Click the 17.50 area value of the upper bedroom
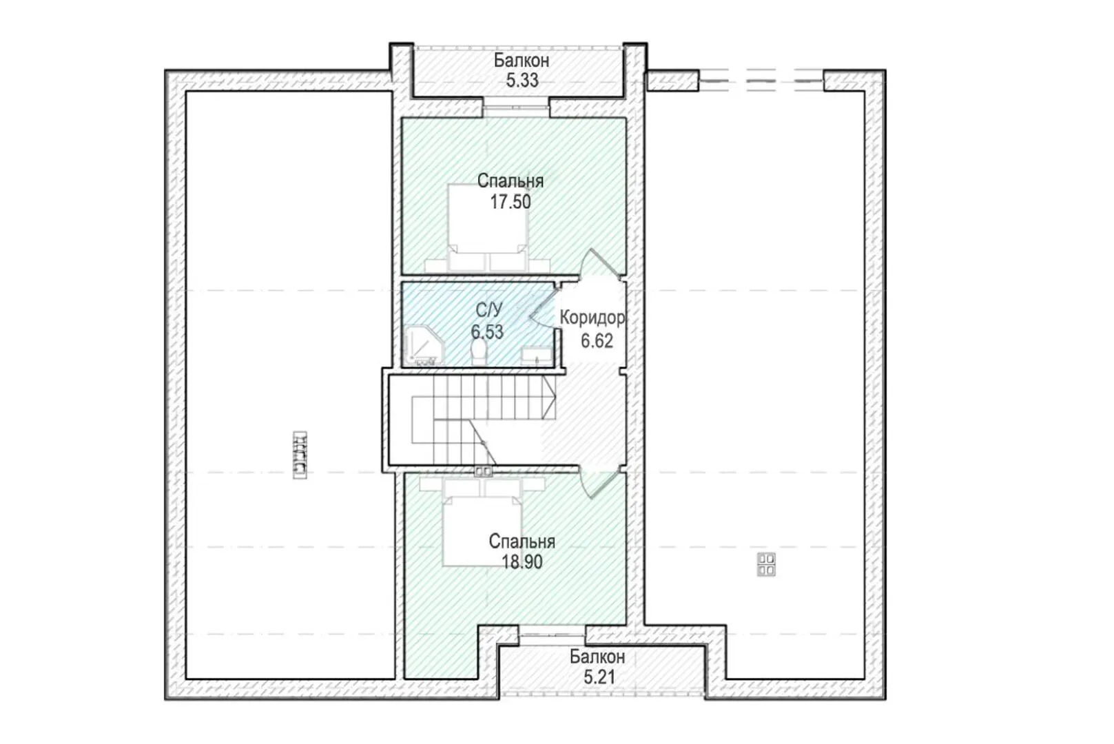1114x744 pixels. pyautogui.click(x=510, y=202)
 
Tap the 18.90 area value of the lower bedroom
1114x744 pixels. pyautogui.click(x=522, y=562)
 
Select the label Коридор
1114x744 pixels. pyautogui.click(x=592, y=318)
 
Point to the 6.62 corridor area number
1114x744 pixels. pyautogui.click(x=597, y=341)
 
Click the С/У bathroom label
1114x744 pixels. pyautogui.click(x=489, y=310)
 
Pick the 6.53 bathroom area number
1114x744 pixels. pyautogui.click(x=487, y=332)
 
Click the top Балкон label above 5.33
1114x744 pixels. pyautogui.click(x=522, y=61)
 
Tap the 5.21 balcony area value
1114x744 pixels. pyautogui.click(x=599, y=677)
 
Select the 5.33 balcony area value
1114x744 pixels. pyautogui.click(x=522, y=81)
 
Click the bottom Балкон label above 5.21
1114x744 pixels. pyautogui.click(x=597, y=657)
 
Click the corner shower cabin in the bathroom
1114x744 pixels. pyautogui.click(x=423, y=345)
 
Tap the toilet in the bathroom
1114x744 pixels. pyautogui.click(x=479, y=351)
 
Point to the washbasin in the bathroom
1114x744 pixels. pyautogui.click(x=537, y=355)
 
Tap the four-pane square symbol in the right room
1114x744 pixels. pyautogui.click(x=766, y=564)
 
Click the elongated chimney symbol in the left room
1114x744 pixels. pyautogui.click(x=300, y=455)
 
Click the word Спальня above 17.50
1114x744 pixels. pyautogui.click(x=510, y=182)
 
